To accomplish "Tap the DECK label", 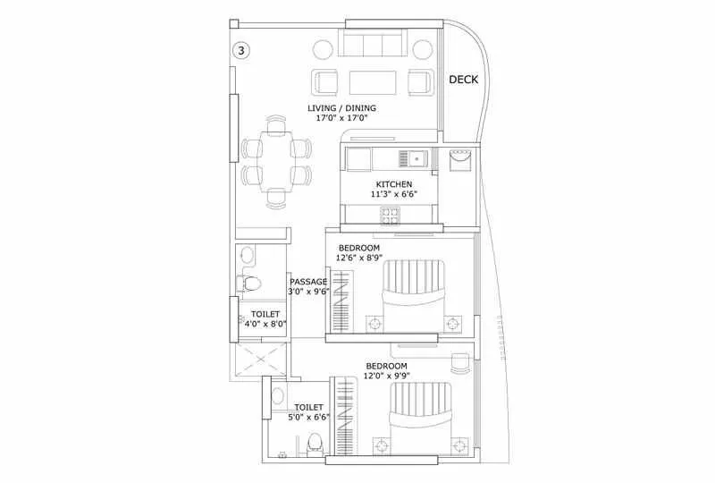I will [x=463, y=80].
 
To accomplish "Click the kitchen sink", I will [x=416, y=158].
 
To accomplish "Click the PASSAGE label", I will [x=307, y=281].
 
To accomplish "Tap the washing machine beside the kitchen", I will [x=460, y=163].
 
